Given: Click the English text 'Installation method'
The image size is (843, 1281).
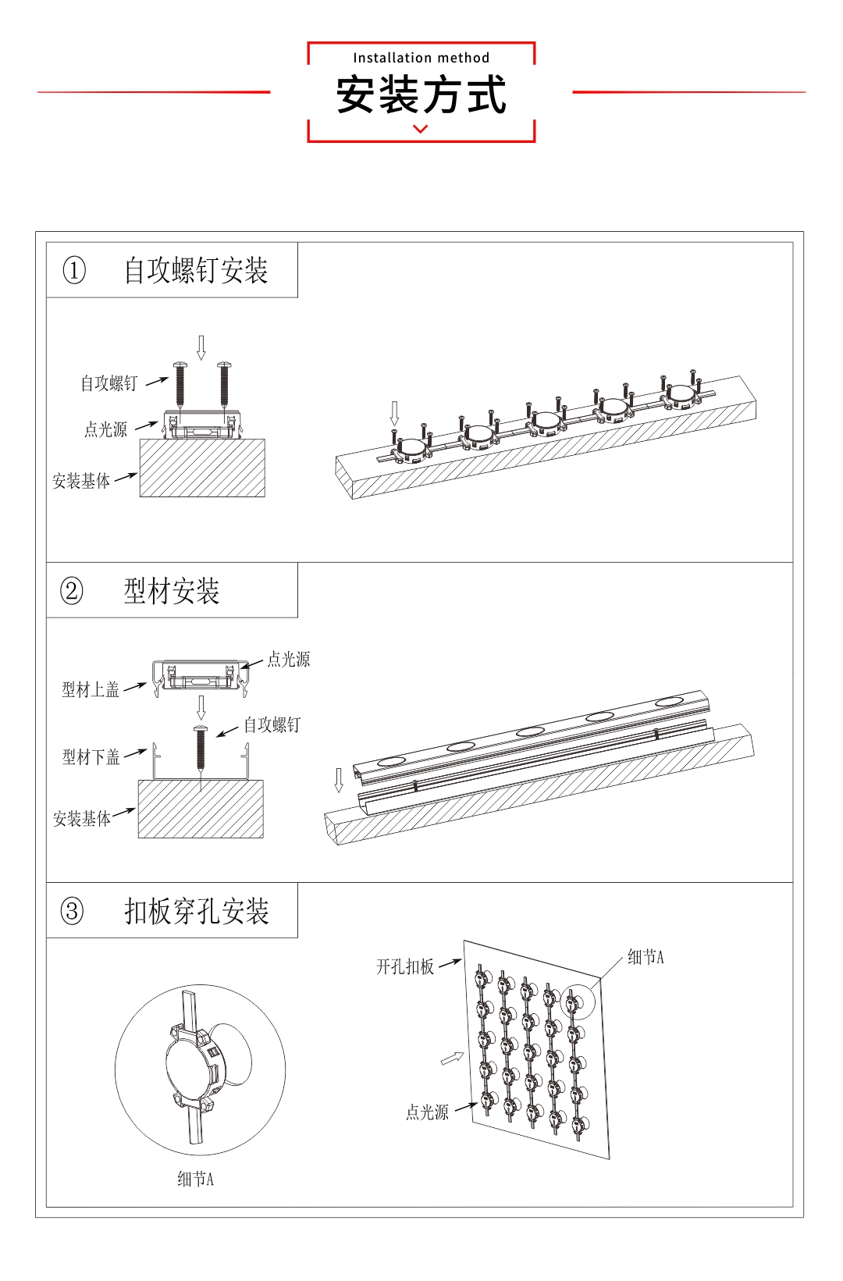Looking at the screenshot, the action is point(421,58).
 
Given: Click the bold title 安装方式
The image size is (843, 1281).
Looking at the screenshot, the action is point(421,94).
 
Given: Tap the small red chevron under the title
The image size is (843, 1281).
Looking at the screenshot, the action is point(421,130).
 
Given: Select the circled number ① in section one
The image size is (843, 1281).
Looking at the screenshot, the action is point(74,270).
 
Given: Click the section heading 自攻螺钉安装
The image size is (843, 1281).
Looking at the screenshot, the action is point(196,270).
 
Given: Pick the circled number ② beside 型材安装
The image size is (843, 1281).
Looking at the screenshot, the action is point(72,590).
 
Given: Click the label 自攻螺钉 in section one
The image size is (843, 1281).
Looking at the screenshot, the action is point(109,383).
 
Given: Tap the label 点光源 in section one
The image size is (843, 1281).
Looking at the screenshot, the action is point(106,429).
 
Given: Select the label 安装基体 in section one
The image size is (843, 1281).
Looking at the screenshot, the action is point(81,481).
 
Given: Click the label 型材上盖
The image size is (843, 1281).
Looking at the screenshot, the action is point(91,689).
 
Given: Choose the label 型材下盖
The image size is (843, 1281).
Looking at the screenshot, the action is point(91,756).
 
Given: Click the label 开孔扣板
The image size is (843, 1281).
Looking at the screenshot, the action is point(405,966).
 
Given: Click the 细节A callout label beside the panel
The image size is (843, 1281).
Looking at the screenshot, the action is point(646,957).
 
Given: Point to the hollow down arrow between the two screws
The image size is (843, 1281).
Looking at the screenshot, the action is point(201,347).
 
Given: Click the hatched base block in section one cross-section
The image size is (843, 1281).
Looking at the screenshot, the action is point(202,468).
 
